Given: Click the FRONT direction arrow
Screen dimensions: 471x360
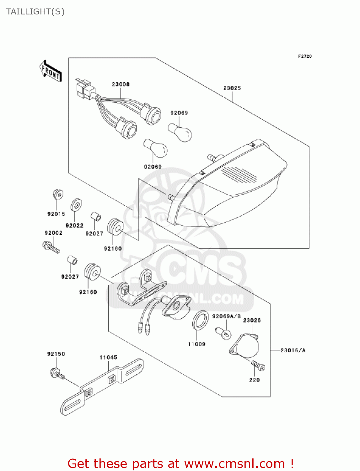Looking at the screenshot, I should point(50,71).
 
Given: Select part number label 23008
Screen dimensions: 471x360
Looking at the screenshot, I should point(121,84).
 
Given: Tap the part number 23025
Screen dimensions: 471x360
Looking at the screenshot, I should point(232,88).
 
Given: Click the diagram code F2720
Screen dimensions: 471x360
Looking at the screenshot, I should point(305,56).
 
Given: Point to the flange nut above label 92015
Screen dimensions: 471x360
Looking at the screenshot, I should point(58,195).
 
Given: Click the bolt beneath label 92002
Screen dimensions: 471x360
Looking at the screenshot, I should point(51,247).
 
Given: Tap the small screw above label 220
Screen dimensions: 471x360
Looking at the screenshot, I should point(258,365).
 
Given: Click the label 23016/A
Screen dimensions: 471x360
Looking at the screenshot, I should point(293,350).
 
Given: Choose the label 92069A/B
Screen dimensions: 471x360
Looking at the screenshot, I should point(226,316).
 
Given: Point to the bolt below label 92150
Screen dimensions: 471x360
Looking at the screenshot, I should point(57,374).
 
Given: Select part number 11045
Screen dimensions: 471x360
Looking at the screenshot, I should point(108,357).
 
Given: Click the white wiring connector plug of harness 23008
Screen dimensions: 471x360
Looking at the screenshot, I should point(84,88).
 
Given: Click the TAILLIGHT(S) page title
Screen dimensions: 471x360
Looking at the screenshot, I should point(35,12).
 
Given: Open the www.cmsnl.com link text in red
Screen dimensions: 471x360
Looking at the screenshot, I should point(234,463).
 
